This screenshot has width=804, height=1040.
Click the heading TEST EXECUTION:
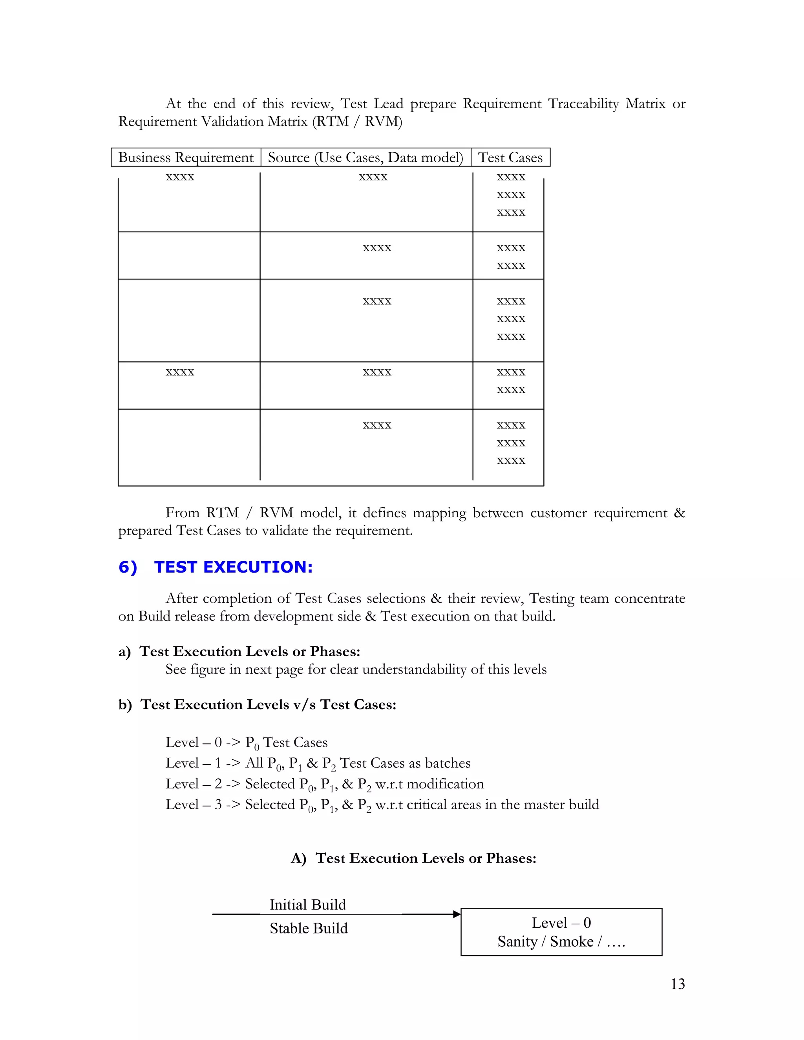tap(234, 567)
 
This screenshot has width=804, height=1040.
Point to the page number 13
tap(677, 983)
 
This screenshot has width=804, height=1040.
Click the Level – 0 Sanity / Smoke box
tap(561, 932)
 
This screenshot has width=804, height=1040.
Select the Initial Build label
tap(308, 904)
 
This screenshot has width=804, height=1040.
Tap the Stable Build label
tap(309, 928)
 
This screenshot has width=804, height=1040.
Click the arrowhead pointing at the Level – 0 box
tap(457, 914)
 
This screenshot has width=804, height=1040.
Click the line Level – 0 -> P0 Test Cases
tap(246, 743)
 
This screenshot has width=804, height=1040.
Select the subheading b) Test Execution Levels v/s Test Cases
tap(257, 704)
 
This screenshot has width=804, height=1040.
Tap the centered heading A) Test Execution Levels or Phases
tap(413, 858)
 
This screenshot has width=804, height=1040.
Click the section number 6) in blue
tap(128, 567)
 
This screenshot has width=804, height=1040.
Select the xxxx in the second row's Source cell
tap(377, 248)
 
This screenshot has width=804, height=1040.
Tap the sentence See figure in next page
tap(355, 669)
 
